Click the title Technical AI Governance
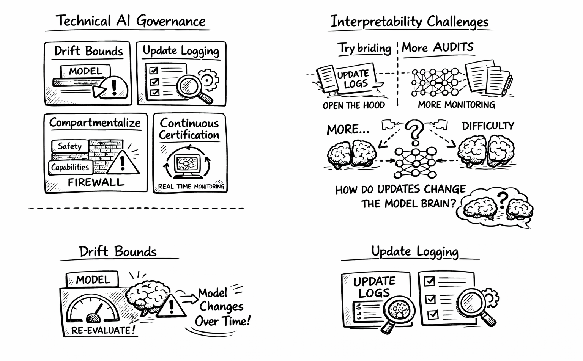point(131,21)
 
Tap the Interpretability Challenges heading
point(409,22)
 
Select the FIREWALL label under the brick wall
point(96,182)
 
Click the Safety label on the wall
point(70,146)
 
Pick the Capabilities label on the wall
point(70,167)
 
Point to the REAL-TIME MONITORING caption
point(191,187)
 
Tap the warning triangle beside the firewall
point(122,162)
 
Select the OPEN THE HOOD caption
point(354,105)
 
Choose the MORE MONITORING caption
point(457,105)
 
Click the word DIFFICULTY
point(488,126)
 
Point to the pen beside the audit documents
point(507,86)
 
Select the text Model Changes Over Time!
point(222,307)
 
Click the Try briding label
point(364,48)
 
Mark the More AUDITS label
point(437,47)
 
